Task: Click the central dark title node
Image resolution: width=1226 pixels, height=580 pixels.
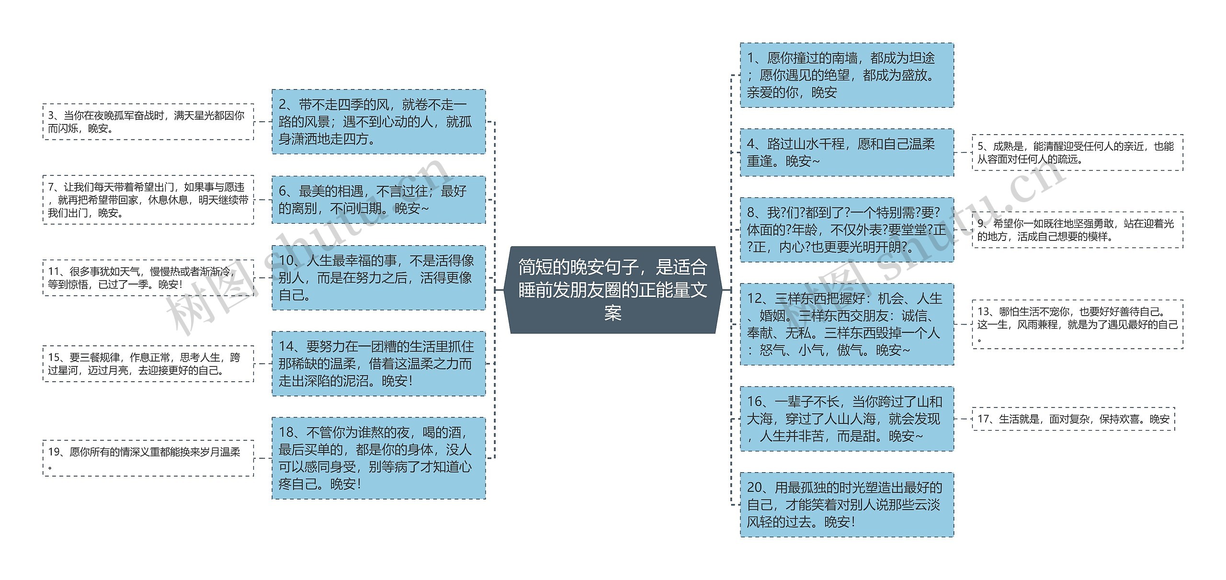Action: click(x=613, y=290)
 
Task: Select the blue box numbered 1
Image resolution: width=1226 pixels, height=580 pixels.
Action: click(x=846, y=75)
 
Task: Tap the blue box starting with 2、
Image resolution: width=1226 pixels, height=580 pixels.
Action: click(x=378, y=122)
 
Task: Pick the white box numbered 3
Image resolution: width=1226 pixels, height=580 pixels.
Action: click(x=148, y=122)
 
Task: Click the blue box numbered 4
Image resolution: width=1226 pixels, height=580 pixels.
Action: click(x=846, y=152)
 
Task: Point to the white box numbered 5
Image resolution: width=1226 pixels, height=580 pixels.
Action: click(x=1077, y=152)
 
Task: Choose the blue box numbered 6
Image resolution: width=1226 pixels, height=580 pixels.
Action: click(x=378, y=200)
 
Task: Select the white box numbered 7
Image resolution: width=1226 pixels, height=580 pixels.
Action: click(x=148, y=200)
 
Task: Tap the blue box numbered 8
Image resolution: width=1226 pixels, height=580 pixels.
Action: click(x=846, y=230)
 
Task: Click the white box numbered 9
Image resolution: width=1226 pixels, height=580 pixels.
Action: click(x=1077, y=230)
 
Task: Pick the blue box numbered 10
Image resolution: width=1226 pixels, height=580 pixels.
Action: click(x=378, y=278)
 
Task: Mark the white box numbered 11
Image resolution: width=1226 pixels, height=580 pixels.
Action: click(x=148, y=278)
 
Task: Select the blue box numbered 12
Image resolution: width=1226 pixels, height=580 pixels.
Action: click(x=846, y=324)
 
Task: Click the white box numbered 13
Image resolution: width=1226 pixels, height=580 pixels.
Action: click(x=1077, y=324)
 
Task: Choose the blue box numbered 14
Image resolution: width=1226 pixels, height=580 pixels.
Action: click(x=378, y=364)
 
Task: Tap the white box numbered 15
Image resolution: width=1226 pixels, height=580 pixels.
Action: click(x=148, y=364)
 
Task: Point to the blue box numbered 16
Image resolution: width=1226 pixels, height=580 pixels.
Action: click(x=846, y=419)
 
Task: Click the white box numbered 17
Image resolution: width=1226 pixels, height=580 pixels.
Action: click(x=1073, y=419)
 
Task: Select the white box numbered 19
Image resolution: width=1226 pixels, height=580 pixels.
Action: click(x=148, y=458)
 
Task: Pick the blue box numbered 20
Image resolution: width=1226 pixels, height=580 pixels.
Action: click(x=846, y=505)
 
